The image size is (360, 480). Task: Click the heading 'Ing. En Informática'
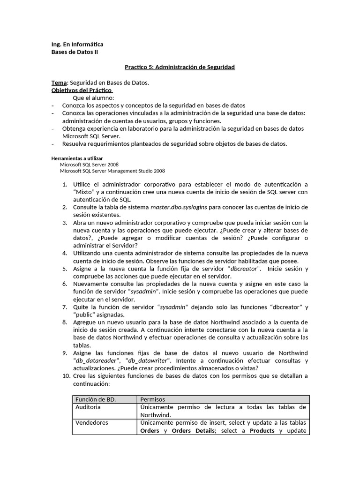(77, 45)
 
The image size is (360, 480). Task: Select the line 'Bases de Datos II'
(75, 52)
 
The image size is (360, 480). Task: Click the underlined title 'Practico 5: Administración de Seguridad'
(180, 67)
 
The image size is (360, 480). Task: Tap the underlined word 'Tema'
(59, 82)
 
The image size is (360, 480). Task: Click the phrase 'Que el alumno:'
(93, 98)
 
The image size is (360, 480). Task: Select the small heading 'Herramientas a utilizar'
(77, 158)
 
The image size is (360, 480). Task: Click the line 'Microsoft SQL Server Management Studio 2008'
(112, 171)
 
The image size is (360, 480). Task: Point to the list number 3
(65, 223)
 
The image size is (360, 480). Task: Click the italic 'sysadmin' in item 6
(145, 292)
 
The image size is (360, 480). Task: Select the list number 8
(65, 322)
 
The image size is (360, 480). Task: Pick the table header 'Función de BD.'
(96, 399)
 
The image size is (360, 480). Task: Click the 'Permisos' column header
(153, 399)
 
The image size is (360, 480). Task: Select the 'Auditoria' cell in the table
(88, 407)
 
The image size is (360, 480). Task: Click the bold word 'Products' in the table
(262, 430)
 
